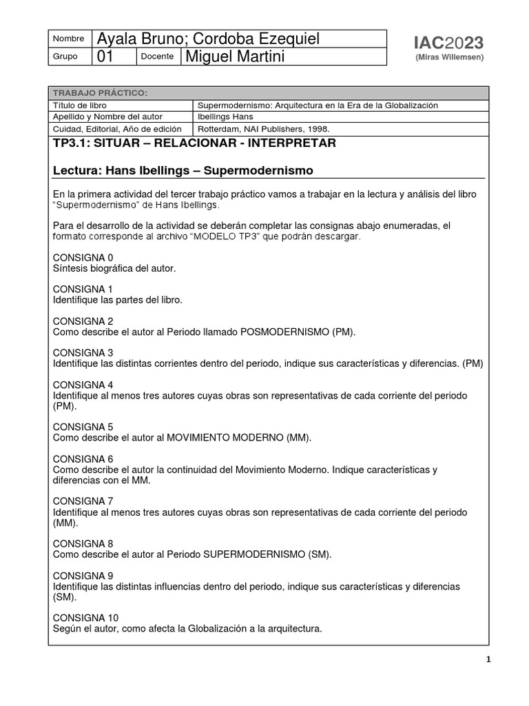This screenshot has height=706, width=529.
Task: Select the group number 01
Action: pos(106,57)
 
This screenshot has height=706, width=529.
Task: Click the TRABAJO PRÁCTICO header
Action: pos(100,93)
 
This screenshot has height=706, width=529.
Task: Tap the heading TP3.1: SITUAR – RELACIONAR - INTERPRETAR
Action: pos(194,143)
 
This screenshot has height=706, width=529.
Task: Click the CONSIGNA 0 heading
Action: pos(83,257)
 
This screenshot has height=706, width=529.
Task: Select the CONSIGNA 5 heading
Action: pos(83,426)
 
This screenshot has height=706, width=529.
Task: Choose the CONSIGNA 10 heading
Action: pos(85,617)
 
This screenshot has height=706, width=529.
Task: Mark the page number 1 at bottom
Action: pos(488,659)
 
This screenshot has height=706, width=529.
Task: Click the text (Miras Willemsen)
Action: pos(450,57)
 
